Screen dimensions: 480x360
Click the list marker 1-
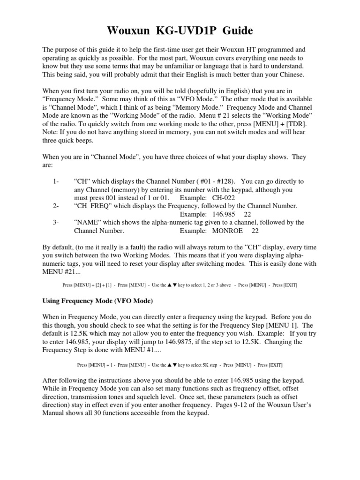(x=56, y=181)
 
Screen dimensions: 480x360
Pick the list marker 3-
(x=56, y=223)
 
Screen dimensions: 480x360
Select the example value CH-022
(x=220, y=198)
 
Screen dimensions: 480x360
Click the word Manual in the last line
(x=55, y=414)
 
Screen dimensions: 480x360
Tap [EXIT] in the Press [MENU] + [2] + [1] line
(x=289, y=285)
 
